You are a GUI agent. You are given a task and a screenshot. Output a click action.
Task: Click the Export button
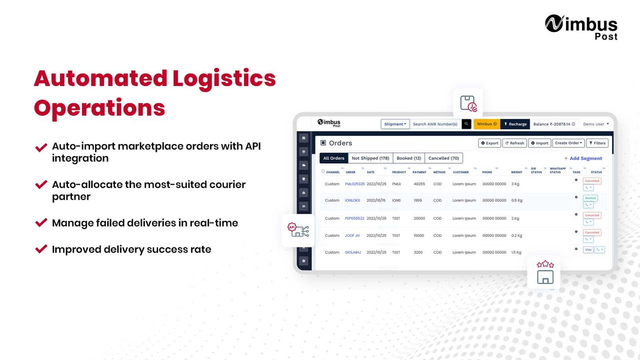point(489,143)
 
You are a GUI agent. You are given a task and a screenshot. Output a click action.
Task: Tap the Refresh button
point(514,143)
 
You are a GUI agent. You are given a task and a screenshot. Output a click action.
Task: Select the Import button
point(539,143)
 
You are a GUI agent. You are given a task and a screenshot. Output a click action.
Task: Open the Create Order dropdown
point(568,143)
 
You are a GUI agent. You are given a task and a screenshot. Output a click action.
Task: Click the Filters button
point(597,143)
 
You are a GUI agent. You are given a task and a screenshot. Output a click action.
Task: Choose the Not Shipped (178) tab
point(370,158)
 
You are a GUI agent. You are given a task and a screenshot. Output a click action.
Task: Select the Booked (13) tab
point(408,158)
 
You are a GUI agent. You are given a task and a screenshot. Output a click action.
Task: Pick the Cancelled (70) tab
point(443,158)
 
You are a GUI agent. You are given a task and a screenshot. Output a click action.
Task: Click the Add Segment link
point(583,158)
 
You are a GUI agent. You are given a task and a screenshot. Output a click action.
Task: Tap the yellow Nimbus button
point(486,124)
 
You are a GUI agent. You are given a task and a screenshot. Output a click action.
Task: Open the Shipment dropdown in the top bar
point(395,124)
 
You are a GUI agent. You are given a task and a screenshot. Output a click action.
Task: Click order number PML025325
point(354,184)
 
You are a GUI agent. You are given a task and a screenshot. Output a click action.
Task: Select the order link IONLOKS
point(352,200)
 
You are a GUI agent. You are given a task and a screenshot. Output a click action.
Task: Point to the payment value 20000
point(419,218)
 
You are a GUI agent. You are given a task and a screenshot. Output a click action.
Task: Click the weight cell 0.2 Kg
point(516,235)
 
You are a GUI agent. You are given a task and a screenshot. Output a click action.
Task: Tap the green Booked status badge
point(590,198)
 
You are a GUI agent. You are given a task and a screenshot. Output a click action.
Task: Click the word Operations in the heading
point(99,108)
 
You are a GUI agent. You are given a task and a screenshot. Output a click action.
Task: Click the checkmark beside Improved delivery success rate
point(41,249)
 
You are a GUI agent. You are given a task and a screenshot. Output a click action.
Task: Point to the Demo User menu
point(595,124)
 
